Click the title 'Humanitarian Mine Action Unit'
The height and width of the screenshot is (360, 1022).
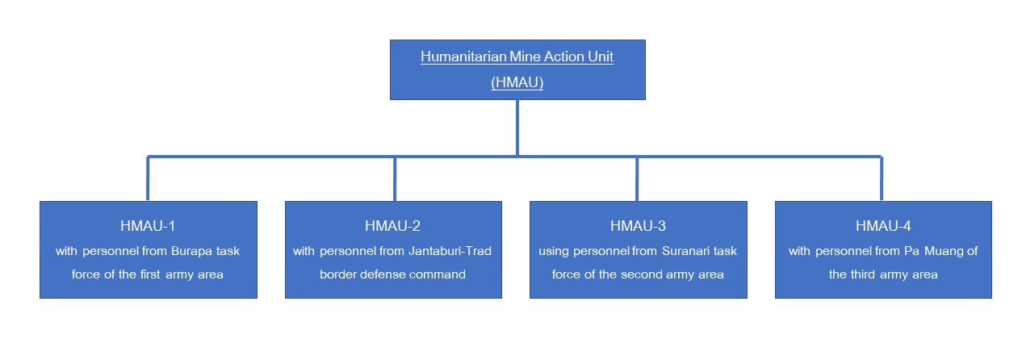click(x=517, y=57)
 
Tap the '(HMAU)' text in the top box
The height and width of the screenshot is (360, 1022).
click(x=517, y=82)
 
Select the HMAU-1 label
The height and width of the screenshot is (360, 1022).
click(x=148, y=226)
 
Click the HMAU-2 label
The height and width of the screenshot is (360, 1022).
click(x=392, y=226)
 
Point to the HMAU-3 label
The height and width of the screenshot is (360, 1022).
click(x=638, y=226)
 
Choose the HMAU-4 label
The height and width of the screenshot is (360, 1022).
click(x=883, y=226)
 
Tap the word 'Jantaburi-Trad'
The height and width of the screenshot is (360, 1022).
click(x=450, y=251)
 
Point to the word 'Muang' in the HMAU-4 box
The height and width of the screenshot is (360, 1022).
click(x=944, y=252)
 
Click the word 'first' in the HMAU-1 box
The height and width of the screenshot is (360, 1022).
click(x=150, y=274)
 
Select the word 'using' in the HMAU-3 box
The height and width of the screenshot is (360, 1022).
click(x=554, y=252)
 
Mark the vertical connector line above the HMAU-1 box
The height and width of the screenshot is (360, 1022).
click(x=148, y=178)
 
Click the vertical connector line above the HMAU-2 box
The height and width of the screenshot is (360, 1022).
click(x=395, y=179)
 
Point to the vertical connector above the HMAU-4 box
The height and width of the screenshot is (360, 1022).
click(x=882, y=178)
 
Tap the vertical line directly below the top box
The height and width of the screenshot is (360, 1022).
click(x=517, y=128)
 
